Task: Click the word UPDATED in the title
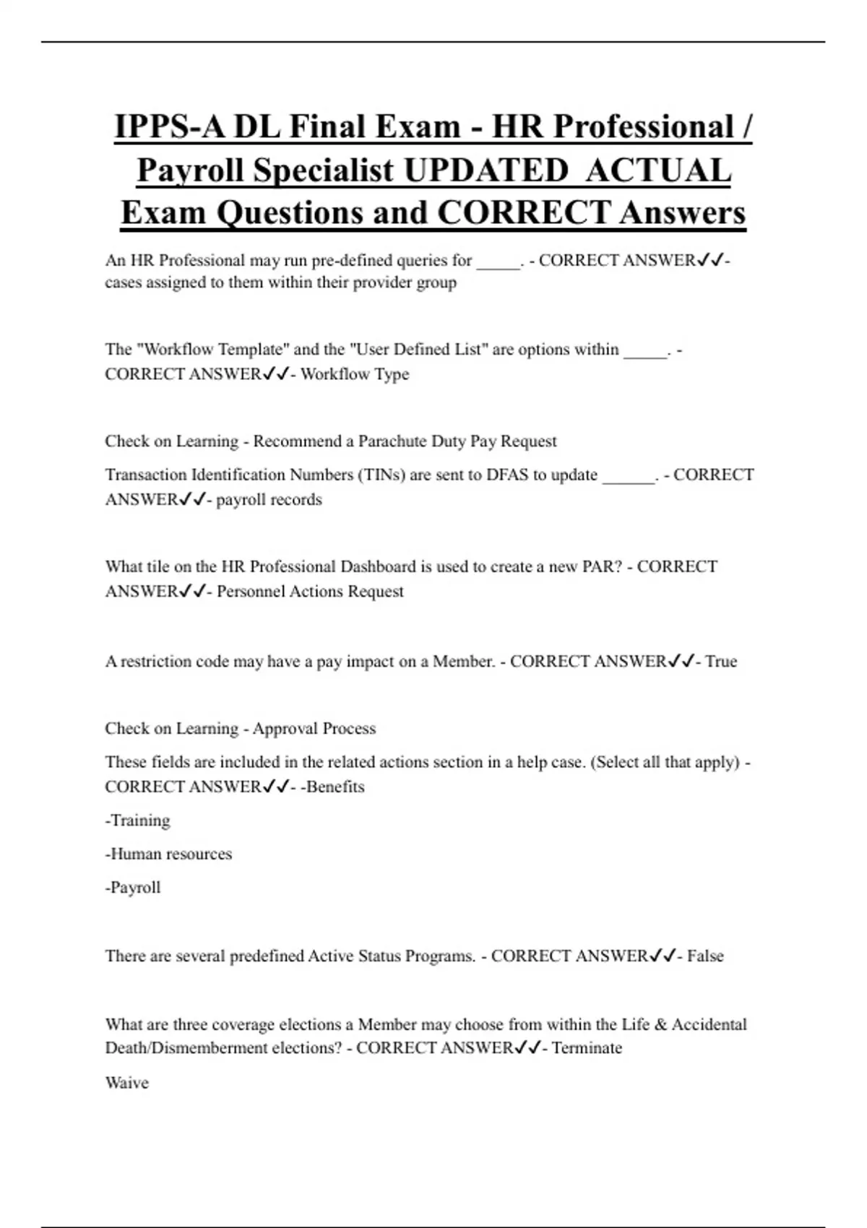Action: coord(486,170)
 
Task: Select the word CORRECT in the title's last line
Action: coord(524,212)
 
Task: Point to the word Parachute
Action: coord(394,441)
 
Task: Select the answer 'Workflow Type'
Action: coord(355,374)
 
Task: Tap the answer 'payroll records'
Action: coord(269,500)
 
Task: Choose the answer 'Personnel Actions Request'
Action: coord(310,592)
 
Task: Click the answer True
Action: coord(721,662)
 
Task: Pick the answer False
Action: coord(705,956)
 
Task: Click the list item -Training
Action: coord(137,821)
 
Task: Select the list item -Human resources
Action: coord(168,854)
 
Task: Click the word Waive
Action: coord(126,1083)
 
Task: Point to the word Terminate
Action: coord(587,1048)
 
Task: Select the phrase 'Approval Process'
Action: coord(314,728)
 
